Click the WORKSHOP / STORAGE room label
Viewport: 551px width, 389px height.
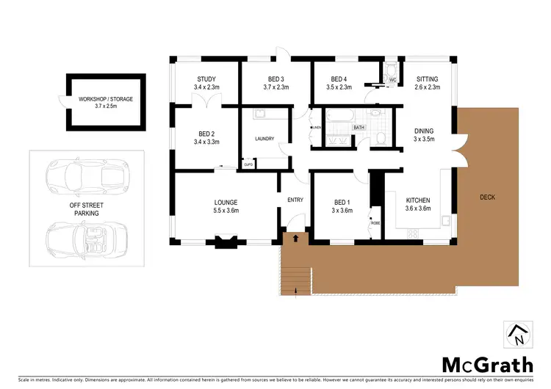coord(106,99)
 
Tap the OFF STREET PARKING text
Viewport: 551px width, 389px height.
coord(85,208)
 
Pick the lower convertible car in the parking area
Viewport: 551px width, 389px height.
coord(85,239)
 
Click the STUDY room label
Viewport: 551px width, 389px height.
coord(205,79)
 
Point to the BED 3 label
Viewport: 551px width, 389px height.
coord(275,79)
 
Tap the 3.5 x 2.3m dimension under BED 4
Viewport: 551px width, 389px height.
coord(339,87)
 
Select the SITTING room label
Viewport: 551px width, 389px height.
coord(427,79)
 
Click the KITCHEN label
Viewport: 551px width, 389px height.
coord(418,200)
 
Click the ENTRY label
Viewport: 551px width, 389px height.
coord(295,200)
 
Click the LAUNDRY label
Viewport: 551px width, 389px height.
coord(264,139)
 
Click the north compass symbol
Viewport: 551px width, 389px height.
coord(516,335)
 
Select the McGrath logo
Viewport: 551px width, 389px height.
coord(487,364)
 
